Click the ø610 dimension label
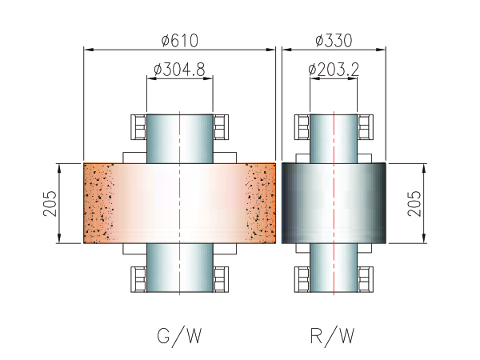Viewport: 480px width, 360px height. click(x=180, y=39)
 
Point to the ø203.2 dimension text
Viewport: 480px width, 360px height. click(x=333, y=70)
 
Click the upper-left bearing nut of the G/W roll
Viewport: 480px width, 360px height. click(x=139, y=127)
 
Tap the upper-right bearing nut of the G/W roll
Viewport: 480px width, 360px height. click(x=221, y=127)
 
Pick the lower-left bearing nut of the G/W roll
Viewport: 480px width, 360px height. click(x=139, y=279)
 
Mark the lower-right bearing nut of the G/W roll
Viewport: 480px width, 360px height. click(x=221, y=279)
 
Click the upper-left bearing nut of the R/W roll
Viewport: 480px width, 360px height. click(x=303, y=127)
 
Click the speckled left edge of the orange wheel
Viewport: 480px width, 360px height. click(x=98, y=203)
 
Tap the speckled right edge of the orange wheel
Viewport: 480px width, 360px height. click(x=261, y=203)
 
